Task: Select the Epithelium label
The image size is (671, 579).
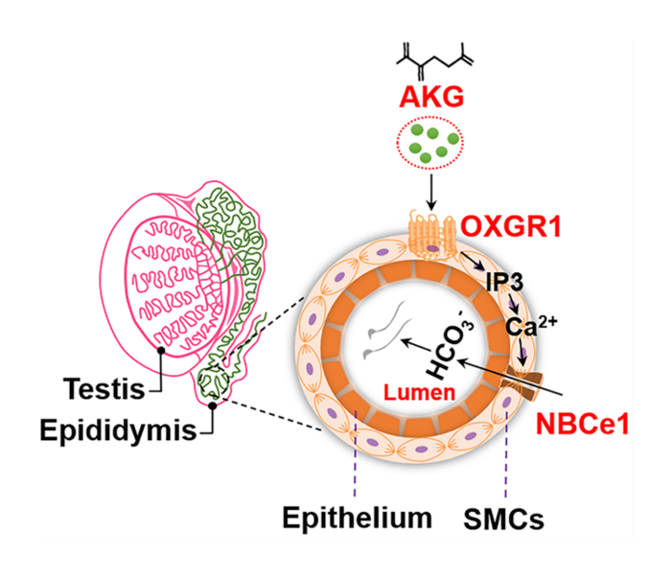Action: click(x=358, y=519)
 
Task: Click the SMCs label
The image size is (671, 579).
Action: click(x=507, y=520)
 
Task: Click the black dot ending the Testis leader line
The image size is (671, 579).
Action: click(x=162, y=351)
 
